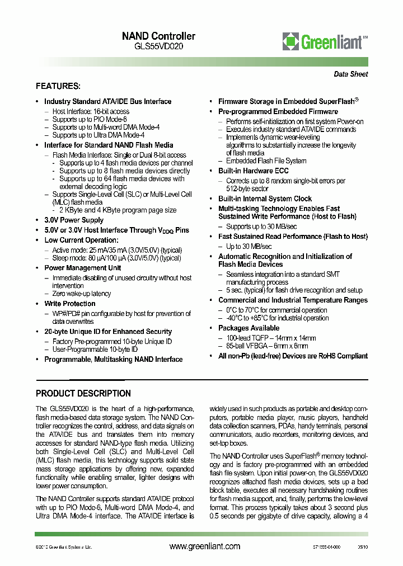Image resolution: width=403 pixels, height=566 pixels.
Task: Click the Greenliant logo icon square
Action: tap(291, 41)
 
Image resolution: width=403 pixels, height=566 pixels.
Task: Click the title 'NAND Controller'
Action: tap(158, 36)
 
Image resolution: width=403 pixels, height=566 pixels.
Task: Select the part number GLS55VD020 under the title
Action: tap(158, 46)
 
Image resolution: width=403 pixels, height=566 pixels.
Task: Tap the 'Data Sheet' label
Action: tap(351, 74)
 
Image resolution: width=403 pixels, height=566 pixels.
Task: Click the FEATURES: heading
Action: tap(58, 86)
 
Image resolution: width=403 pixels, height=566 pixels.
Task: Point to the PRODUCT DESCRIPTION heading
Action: tap(83, 393)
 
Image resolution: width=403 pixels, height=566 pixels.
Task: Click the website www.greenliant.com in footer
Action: tap(204, 546)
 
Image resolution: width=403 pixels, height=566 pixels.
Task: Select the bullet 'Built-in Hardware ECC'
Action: tap(253, 171)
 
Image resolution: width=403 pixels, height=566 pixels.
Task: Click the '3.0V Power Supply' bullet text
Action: tap(74, 220)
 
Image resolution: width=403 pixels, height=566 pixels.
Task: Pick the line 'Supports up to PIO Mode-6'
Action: tap(90, 119)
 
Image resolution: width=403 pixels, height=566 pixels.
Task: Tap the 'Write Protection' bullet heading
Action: tap(70, 304)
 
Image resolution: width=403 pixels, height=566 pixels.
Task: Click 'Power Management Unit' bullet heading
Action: tap(83, 268)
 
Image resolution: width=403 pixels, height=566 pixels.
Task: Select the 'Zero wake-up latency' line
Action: tap(82, 294)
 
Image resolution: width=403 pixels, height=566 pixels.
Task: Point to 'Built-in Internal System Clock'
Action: tap(265, 199)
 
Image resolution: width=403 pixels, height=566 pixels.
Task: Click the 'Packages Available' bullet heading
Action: tap(249, 328)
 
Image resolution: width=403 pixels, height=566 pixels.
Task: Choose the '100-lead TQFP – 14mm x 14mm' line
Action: tap(271, 338)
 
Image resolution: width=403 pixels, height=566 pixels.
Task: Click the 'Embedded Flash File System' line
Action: tap(266, 161)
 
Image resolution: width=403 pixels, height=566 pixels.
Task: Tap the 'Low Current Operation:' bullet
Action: tap(82, 240)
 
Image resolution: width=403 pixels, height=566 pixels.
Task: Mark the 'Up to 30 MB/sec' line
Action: tap(249, 246)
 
